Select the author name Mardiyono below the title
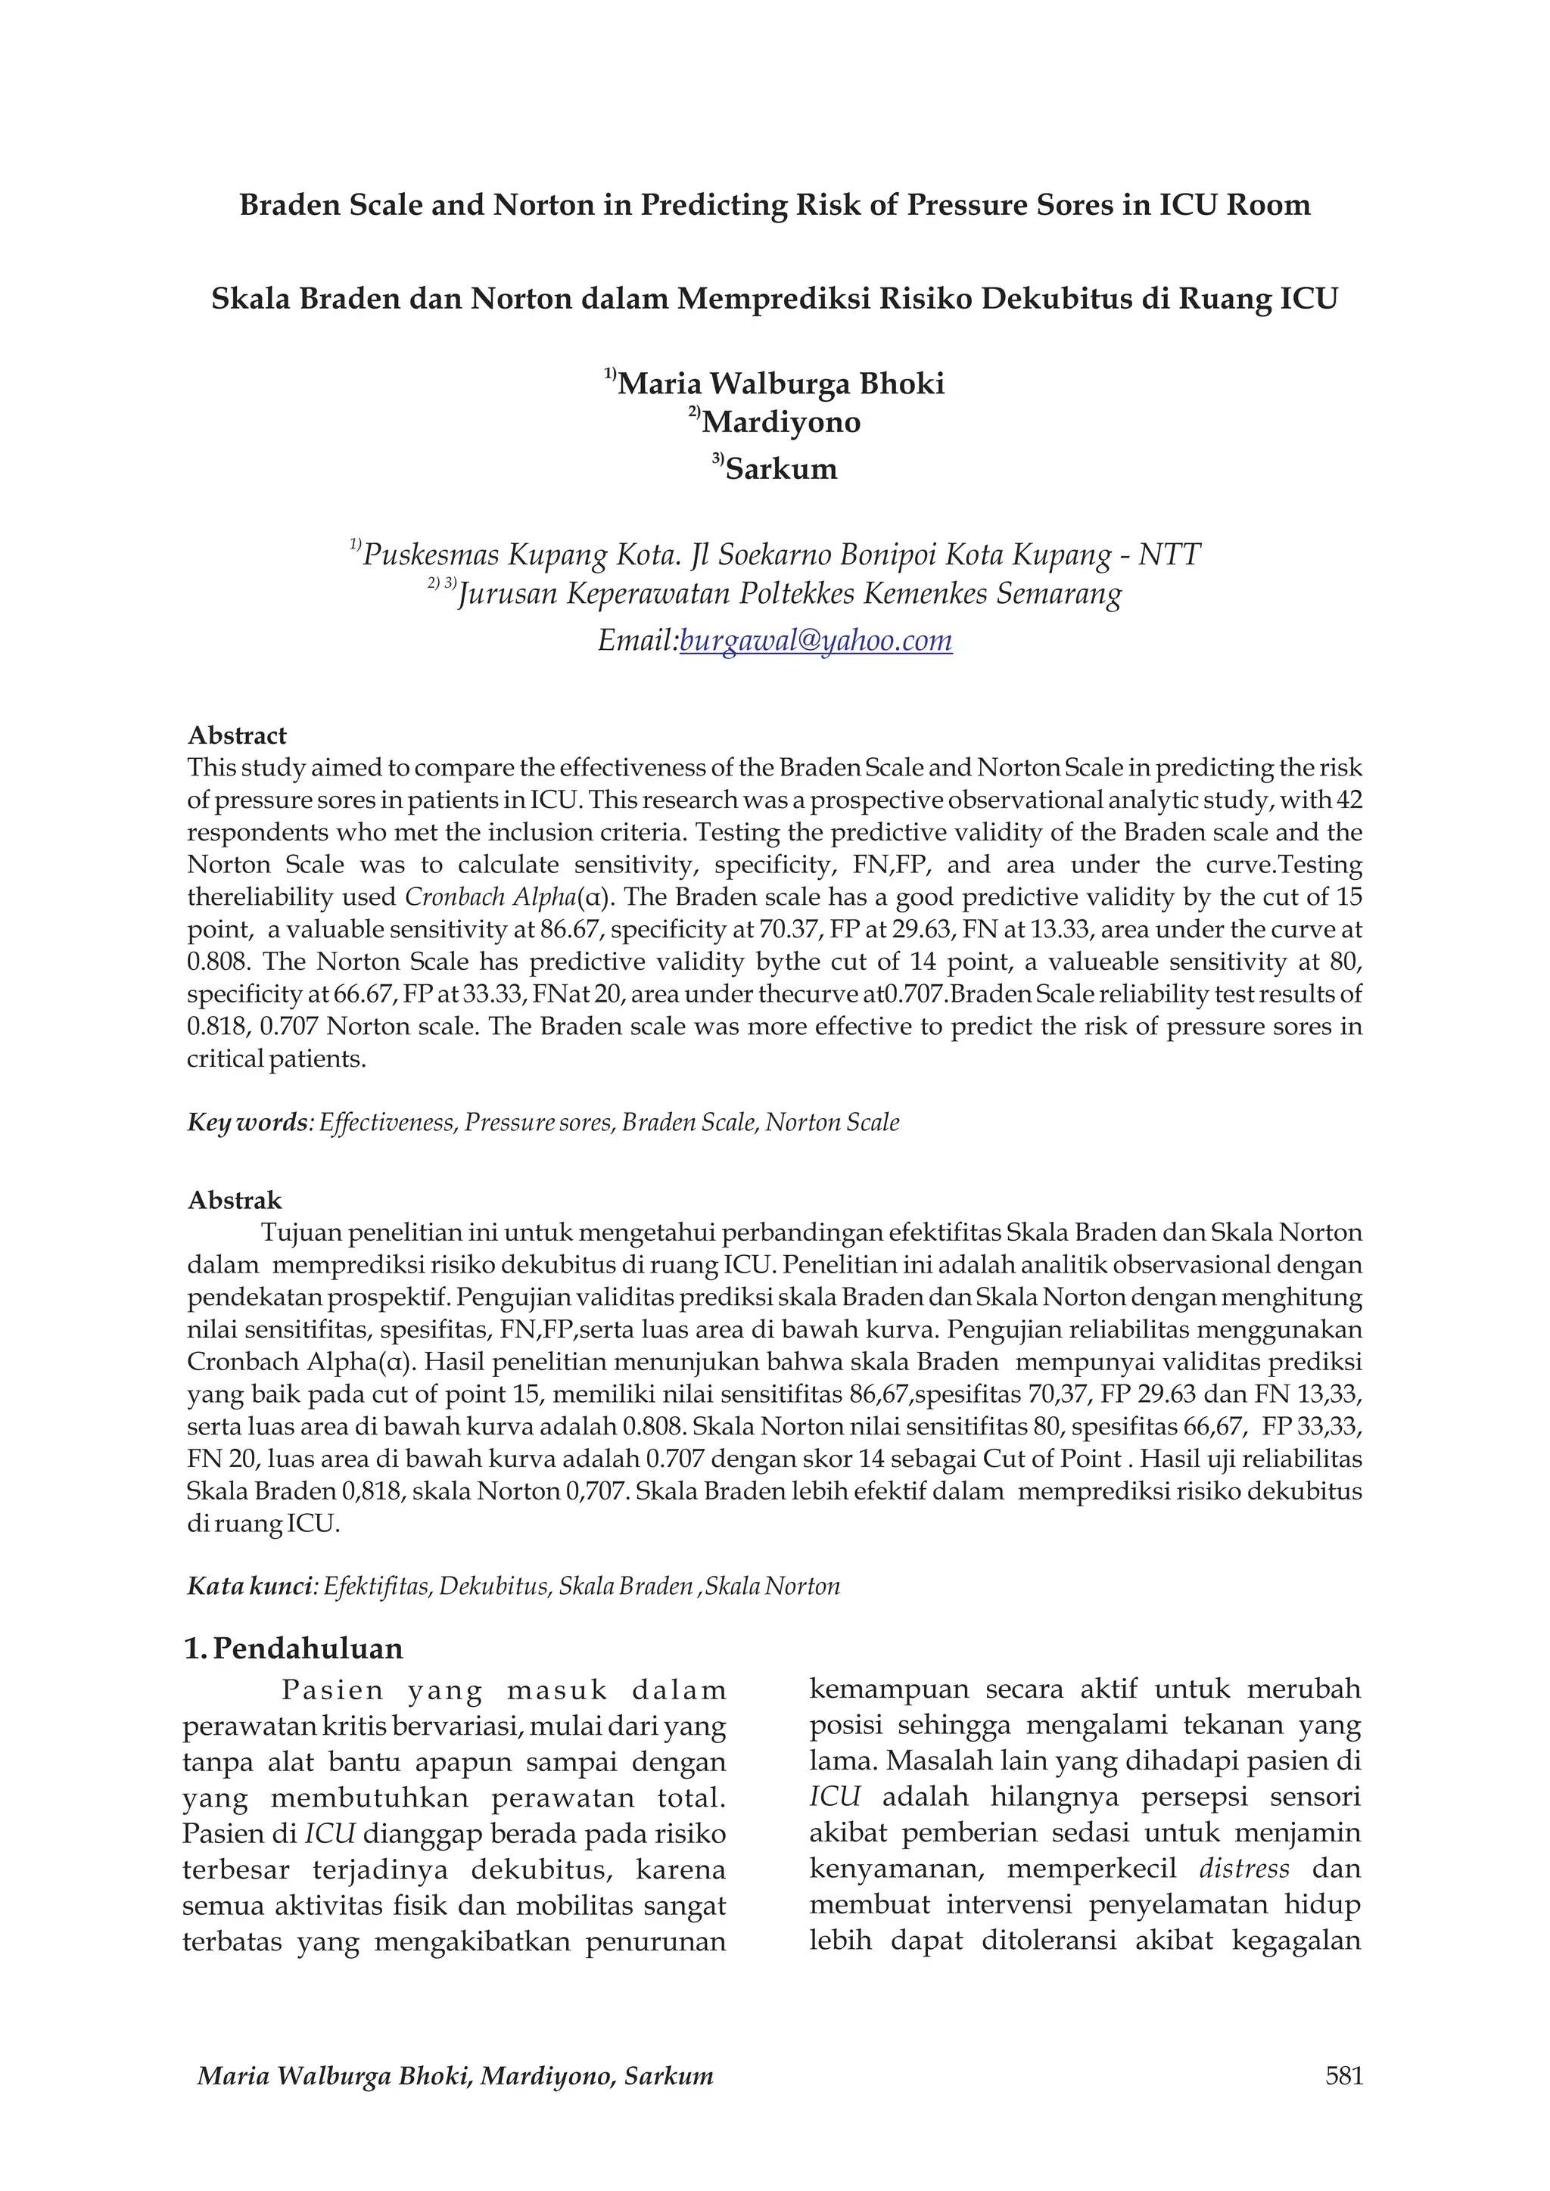(x=781, y=422)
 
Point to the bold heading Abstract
(x=237, y=735)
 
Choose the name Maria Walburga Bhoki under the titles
(x=781, y=384)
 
